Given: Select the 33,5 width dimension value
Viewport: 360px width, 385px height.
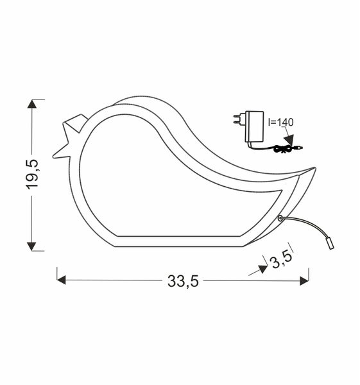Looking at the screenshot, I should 183,281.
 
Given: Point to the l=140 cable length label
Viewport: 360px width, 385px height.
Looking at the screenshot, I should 280,122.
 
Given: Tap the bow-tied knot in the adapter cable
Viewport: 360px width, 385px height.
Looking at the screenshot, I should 280,149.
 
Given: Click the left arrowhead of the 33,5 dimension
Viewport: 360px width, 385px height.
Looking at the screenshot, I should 62,280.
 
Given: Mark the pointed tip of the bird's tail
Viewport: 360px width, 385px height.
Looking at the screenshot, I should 313,170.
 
